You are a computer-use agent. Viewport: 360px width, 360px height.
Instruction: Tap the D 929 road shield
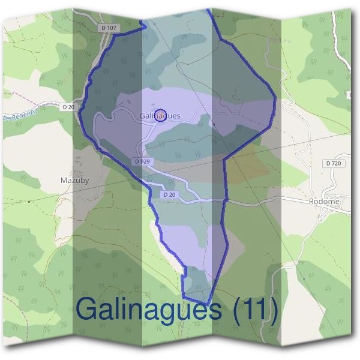coord(142,161)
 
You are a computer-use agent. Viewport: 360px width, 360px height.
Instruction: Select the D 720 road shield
coord(333,163)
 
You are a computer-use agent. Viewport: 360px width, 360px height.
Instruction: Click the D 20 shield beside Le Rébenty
coord(69,107)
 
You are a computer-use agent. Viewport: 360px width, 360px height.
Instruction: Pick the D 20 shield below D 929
coord(170,194)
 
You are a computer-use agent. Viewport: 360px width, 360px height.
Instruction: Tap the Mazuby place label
coord(75,180)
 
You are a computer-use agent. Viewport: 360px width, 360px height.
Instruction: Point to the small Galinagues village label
coord(160,116)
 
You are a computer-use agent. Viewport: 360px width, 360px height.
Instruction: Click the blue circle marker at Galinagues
coord(160,116)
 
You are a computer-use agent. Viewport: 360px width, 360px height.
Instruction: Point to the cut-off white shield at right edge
coord(349,95)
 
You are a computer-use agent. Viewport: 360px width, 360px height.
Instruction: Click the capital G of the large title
coord(89,310)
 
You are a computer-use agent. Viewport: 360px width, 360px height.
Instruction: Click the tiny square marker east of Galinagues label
coord(214,124)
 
